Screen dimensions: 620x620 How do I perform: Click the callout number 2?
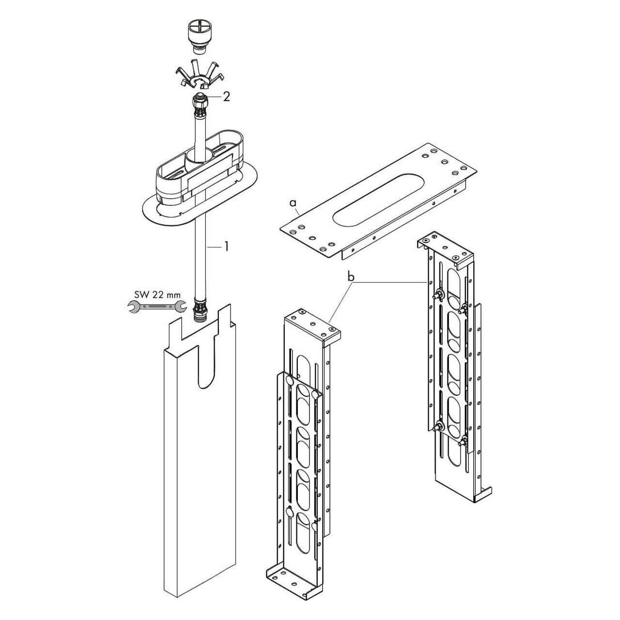pos(227,97)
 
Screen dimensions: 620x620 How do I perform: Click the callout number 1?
pos(227,247)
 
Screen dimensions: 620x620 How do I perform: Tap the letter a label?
pos(293,203)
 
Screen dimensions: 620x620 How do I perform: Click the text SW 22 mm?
pos(157,294)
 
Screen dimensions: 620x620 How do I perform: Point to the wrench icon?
pos(157,307)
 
